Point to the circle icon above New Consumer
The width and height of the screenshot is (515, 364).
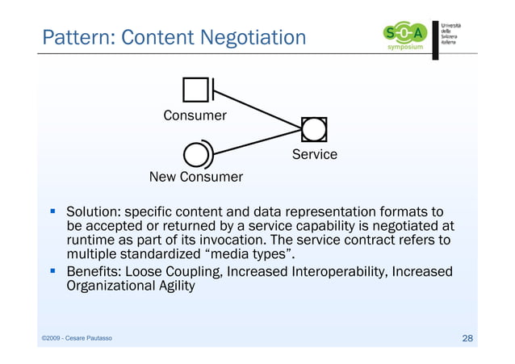(196, 153)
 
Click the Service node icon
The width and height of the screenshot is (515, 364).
(313, 129)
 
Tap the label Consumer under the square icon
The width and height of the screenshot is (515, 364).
(195, 115)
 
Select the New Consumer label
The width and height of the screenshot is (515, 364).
(196, 177)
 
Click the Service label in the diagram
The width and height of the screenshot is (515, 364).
(314, 154)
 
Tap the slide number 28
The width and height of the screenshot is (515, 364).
(467, 337)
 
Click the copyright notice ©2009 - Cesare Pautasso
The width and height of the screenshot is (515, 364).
(77, 338)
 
